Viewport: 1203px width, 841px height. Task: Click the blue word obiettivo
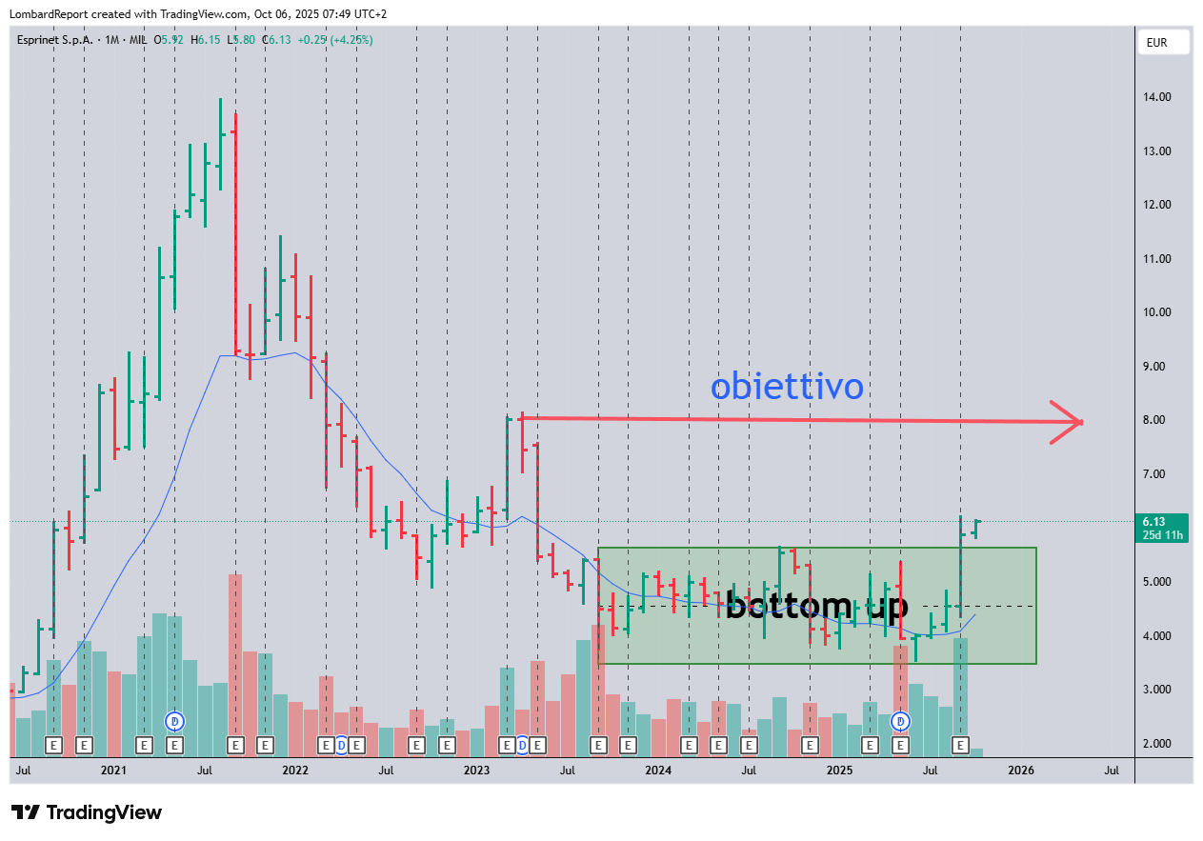point(787,387)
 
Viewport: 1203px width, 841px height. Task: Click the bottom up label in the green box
point(816,606)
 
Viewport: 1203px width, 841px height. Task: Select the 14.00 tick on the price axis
point(1157,97)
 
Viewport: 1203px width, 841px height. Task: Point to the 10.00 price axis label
point(1157,312)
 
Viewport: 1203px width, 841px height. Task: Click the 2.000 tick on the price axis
point(1157,744)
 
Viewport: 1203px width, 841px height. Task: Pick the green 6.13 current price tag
point(1161,527)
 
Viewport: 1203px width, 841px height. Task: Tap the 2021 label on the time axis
point(113,770)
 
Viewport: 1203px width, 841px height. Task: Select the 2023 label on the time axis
point(476,770)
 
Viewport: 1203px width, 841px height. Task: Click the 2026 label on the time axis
point(1020,770)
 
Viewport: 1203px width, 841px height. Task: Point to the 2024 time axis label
point(657,770)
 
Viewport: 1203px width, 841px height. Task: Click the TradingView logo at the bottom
point(87,812)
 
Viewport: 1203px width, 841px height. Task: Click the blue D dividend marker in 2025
point(899,722)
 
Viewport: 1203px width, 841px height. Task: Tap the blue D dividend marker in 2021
point(174,721)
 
